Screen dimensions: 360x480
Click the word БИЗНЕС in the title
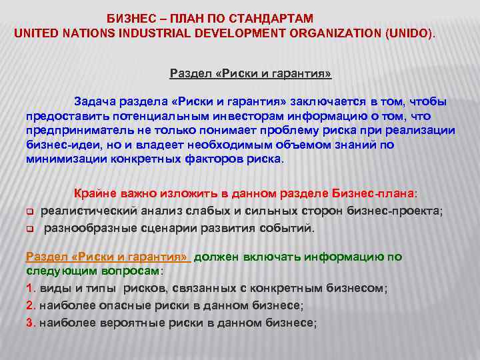[x=129, y=17]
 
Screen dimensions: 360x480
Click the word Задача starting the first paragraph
[x=95, y=101]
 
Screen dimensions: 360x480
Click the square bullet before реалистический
[x=30, y=212]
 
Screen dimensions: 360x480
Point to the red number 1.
[x=29, y=289]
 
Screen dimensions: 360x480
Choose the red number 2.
[x=29, y=305]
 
